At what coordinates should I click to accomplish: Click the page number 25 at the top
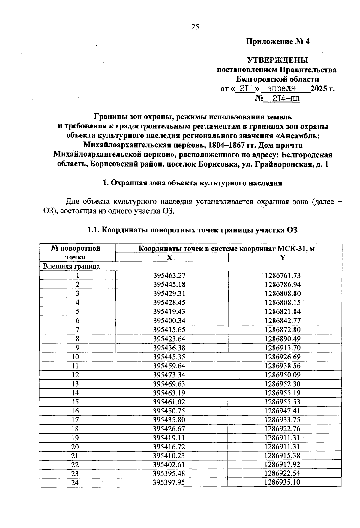click(195, 27)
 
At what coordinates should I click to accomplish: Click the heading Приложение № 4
click(277, 41)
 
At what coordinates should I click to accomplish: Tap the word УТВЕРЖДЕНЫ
click(277, 60)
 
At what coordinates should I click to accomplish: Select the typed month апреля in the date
click(281, 89)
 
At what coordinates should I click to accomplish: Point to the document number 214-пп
click(286, 98)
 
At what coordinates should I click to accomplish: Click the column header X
click(170, 257)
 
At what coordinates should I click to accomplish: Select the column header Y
click(283, 257)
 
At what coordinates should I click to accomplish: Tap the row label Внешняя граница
click(72, 266)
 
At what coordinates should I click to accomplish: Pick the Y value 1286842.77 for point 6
click(283, 321)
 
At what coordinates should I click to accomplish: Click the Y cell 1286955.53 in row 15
click(283, 402)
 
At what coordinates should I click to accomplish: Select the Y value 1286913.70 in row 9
click(283, 348)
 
